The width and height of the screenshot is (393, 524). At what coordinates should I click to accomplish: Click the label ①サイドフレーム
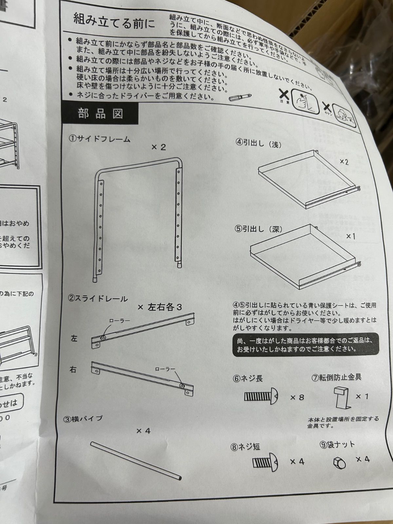click(99, 139)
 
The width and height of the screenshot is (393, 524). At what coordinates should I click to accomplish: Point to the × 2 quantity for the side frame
click(159, 147)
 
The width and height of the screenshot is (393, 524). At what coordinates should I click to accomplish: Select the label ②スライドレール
click(98, 299)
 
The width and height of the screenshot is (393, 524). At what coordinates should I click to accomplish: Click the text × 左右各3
click(160, 307)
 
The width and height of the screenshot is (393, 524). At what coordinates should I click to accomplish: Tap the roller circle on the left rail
click(103, 338)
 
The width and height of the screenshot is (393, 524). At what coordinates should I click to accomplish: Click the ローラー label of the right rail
click(163, 369)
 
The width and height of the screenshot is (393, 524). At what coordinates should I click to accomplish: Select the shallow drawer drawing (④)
click(308, 180)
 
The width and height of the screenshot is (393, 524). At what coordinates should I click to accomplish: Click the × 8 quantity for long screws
click(297, 398)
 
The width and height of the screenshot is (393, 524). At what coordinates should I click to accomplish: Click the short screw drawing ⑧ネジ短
click(265, 463)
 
